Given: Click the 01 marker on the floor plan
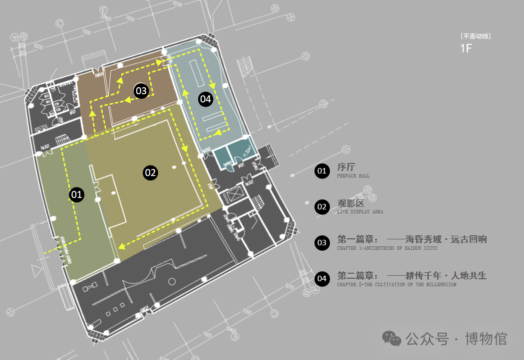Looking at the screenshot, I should click(x=76, y=194).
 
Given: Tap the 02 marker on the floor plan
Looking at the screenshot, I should click(x=150, y=173).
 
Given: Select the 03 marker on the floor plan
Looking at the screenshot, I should click(x=141, y=91).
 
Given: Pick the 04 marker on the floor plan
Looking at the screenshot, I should click(x=206, y=99).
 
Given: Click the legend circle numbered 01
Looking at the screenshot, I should click(x=322, y=171).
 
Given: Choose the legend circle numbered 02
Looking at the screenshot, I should click(x=322, y=207).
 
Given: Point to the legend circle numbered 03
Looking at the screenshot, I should click(x=322, y=243).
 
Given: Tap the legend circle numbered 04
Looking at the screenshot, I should click(x=322, y=278).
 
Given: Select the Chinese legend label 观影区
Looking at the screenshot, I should click(x=351, y=203).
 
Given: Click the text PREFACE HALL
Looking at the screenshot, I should click(x=353, y=176).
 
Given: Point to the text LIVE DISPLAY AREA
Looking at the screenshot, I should click(x=360, y=212).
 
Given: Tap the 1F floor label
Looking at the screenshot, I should click(x=466, y=48).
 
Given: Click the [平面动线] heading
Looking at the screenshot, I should click(x=476, y=36).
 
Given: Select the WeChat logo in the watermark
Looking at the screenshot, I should click(x=392, y=339).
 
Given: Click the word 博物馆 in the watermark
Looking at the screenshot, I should click(x=486, y=339).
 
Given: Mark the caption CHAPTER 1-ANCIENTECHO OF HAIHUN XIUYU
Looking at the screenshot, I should click(x=387, y=248).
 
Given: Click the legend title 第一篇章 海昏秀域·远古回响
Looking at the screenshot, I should click(x=412, y=239).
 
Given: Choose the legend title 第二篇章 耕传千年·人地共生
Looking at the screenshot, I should click(x=412, y=275).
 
